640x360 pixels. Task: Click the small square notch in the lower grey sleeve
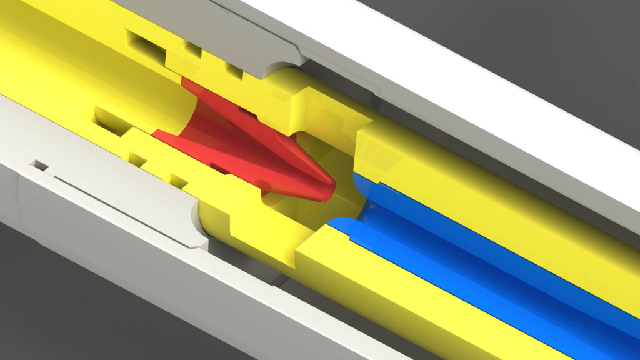(40, 166)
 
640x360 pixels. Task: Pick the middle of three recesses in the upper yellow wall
(192, 48)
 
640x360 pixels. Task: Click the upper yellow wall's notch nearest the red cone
(235, 70)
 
